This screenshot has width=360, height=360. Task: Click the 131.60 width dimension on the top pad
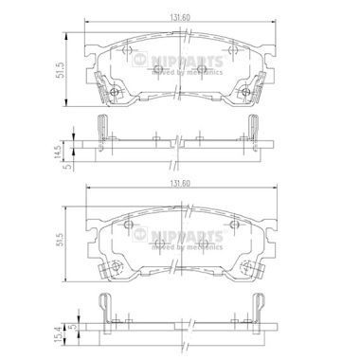click(x=180, y=18)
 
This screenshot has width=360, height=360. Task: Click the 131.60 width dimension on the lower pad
click(x=180, y=184)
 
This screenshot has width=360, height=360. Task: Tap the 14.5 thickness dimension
click(x=57, y=153)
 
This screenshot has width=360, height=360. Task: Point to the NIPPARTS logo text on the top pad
click(x=187, y=60)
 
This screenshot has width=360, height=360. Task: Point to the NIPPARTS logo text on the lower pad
click(x=187, y=235)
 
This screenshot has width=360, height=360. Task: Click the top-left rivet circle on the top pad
click(x=127, y=50)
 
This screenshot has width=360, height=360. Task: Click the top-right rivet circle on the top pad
click(x=233, y=49)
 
